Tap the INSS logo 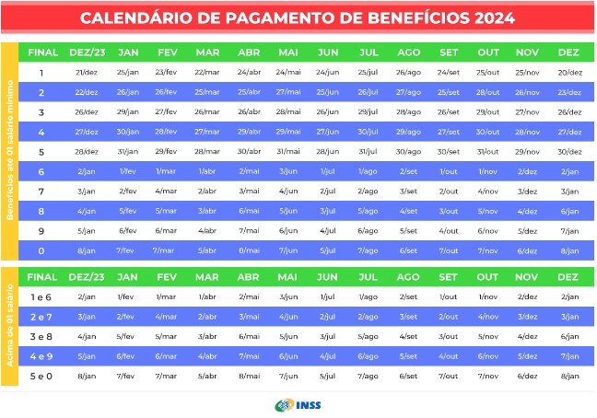pyautogui.click(x=298, y=405)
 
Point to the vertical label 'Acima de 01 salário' pyautogui.click(x=9, y=326)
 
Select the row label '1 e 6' pyautogui.click(x=41, y=296)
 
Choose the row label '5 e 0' pyautogui.click(x=41, y=376)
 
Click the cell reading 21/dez pyautogui.click(x=87, y=72)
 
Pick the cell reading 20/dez pyautogui.click(x=569, y=72)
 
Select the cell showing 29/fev pyautogui.click(x=166, y=151)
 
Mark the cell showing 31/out pyautogui.click(x=487, y=151)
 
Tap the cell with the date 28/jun pyautogui.click(x=328, y=151)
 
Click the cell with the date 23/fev pyautogui.click(x=166, y=72)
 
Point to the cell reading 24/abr pyautogui.click(x=249, y=72)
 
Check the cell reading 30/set pyautogui.click(x=449, y=151)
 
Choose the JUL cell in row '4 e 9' pyautogui.click(x=368, y=355)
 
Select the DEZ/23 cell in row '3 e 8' pyautogui.click(x=87, y=336)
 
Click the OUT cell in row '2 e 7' pyautogui.click(x=487, y=317)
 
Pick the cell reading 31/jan pyautogui.click(x=128, y=151)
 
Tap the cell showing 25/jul pyautogui.click(x=368, y=72)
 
